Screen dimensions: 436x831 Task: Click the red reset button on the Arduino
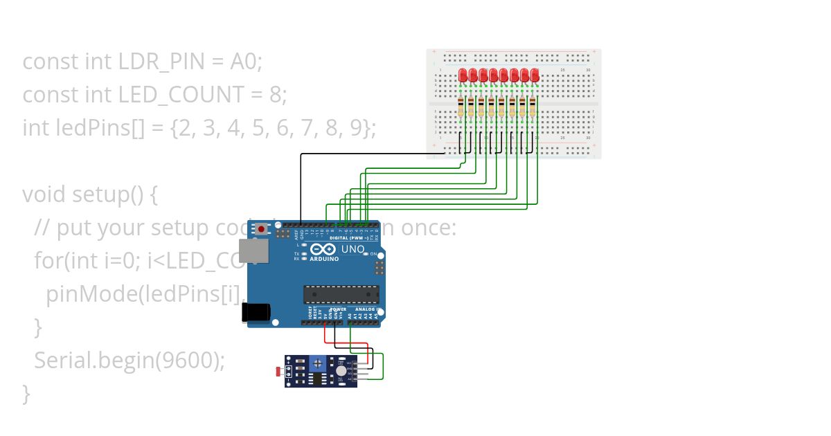[262, 229]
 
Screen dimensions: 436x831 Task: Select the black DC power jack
[256, 312]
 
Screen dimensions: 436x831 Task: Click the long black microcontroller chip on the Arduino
[341, 294]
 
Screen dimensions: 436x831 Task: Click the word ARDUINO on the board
[325, 259]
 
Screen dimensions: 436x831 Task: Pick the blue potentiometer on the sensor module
[318, 362]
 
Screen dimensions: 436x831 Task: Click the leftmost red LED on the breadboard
[463, 75]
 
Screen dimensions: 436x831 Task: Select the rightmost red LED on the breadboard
[535, 75]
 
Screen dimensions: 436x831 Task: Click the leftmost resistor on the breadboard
[461, 108]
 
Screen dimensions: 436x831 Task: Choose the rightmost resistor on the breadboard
[533, 108]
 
